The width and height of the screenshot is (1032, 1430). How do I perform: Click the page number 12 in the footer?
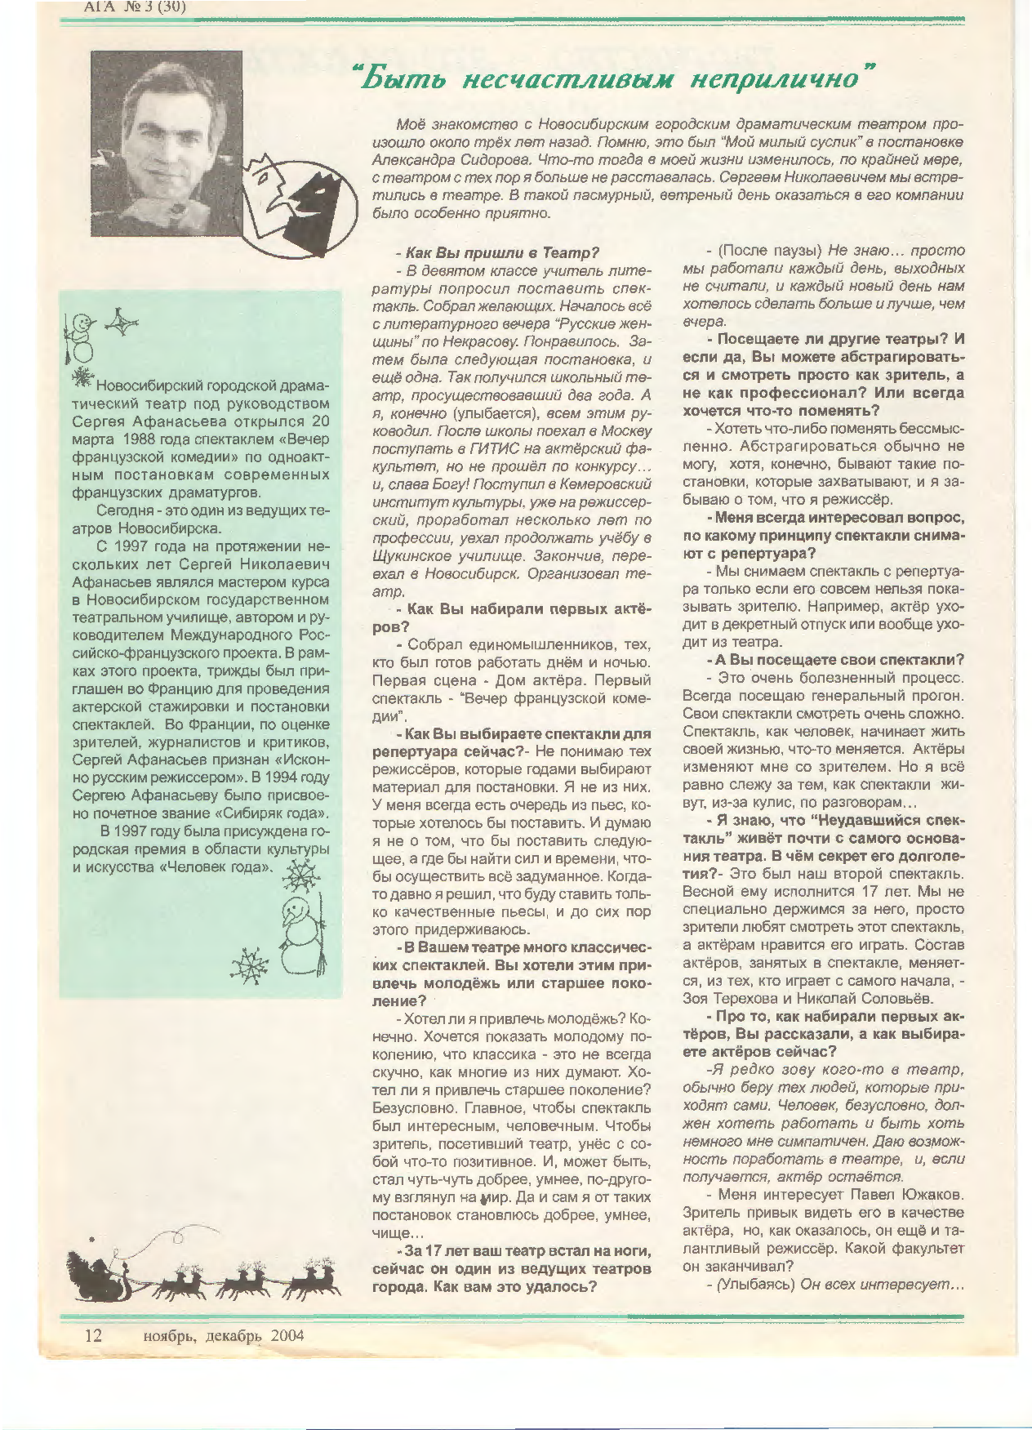[x=93, y=1335]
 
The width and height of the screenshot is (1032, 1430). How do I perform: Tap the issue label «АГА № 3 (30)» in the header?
[x=135, y=7]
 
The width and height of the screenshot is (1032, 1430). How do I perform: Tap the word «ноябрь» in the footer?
[x=170, y=1335]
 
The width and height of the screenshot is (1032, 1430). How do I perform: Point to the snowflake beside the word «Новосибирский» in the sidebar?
[x=82, y=377]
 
